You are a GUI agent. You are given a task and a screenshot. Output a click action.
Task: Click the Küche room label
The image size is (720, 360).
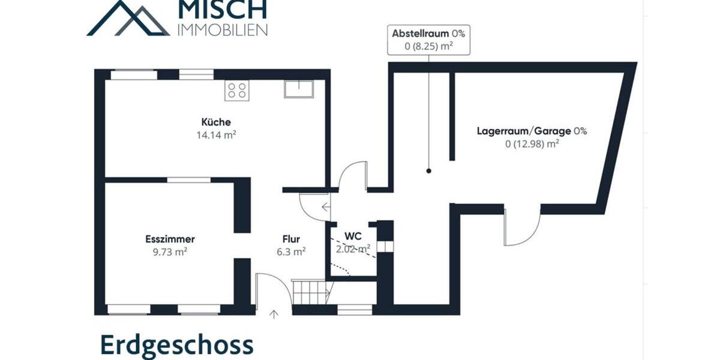(216, 122)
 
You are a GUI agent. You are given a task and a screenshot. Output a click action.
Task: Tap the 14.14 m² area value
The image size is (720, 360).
(216, 135)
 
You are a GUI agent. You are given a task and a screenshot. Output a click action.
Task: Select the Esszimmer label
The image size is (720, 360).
(170, 239)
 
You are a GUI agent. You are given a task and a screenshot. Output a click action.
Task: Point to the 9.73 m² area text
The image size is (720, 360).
(170, 252)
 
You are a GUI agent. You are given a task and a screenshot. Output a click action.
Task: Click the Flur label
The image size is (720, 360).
(291, 239)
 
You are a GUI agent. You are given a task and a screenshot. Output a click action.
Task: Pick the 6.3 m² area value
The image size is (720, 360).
(291, 252)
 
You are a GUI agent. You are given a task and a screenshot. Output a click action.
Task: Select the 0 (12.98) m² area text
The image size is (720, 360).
(532, 143)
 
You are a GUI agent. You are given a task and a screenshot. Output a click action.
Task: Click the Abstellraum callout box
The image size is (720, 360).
(428, 40)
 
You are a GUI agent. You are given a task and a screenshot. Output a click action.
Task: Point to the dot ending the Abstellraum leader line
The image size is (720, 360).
(428, 171)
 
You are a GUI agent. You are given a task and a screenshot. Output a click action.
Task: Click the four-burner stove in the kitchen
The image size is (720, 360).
(237, 91)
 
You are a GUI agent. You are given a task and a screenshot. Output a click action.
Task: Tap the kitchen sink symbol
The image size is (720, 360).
(298, 89)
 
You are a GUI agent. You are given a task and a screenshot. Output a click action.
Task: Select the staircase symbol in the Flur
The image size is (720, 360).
(311, 292)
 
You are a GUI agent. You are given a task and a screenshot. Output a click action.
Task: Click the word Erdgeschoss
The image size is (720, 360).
(177, 346)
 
